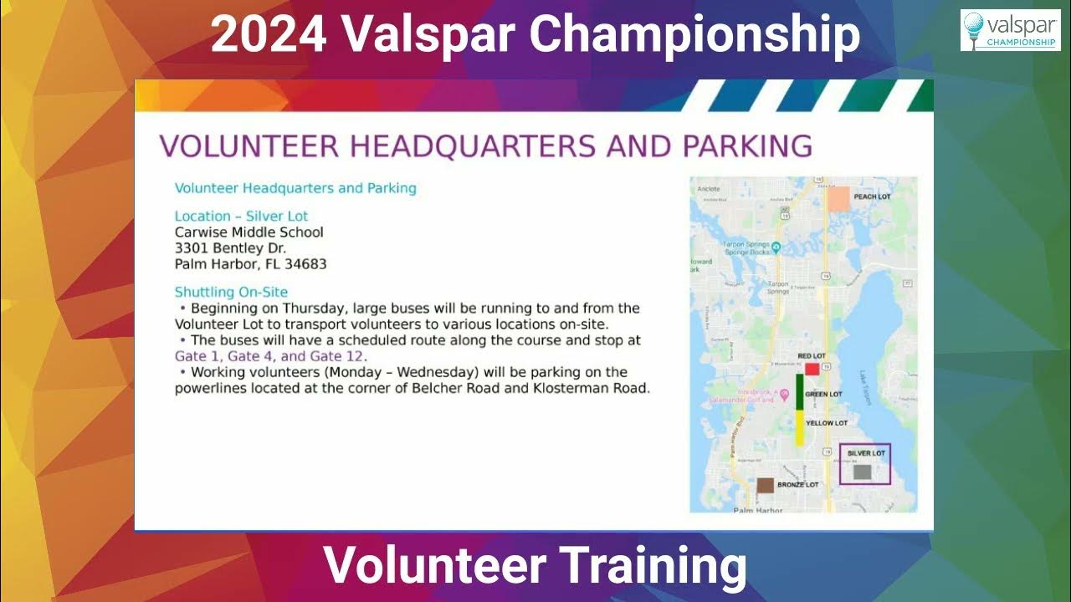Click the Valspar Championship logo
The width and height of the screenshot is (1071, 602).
[x=1010, y=30]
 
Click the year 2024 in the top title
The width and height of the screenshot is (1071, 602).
[x=269, y=35]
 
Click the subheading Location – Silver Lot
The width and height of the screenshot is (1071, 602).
[x=241, y=216]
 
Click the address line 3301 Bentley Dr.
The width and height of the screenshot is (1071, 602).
[x=230, y=248]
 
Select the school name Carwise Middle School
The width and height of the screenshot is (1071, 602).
[x=249, y=232]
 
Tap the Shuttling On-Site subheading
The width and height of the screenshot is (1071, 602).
[x=231, y=292]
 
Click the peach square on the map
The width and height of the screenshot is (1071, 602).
[x=838, y=198]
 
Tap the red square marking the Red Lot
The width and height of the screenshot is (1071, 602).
[x=812, y=369]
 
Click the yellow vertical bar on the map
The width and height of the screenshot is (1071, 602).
[x=799, y=427]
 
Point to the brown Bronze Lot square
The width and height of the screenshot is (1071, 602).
[x=765, y=485]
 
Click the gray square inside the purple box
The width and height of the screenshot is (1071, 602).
[x=861, y=472]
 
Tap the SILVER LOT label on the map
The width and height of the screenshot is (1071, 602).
[x=866, y=453]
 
